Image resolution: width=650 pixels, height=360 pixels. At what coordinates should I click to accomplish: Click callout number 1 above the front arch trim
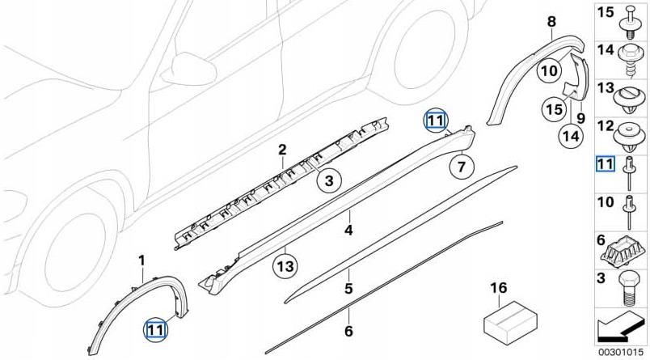pos(141,260)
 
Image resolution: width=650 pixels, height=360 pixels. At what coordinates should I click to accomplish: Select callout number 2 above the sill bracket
pos(282,150)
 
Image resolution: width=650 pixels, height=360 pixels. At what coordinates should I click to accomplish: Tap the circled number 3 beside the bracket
pos(329,182)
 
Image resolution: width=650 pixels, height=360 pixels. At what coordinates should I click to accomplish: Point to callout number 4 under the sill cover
pos(348,230)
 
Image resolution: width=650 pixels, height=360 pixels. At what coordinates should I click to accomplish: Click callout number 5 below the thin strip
pos(348,287)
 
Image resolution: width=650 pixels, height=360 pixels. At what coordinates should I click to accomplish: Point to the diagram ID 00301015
pos(622,353)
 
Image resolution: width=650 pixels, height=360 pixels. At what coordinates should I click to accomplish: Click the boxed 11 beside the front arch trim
pos(154,328)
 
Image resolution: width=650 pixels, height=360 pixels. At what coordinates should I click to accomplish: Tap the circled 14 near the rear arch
pos(571,137)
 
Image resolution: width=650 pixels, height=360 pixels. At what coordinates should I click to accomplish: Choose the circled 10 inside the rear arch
pos(549,70)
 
